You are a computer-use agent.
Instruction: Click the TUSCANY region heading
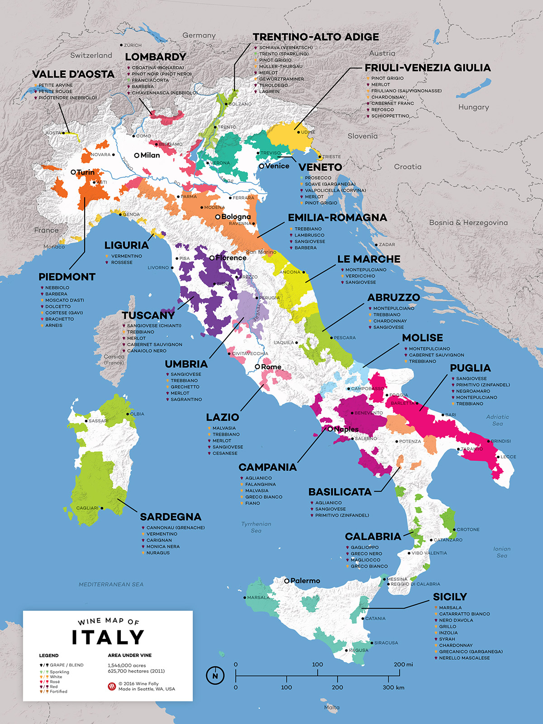click(148, 315)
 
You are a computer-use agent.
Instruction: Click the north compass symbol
click(215, 676)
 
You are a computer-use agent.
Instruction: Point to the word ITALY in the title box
click(108, 638)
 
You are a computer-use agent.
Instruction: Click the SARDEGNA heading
click(171, 517)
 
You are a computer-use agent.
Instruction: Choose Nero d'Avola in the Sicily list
click(456, 620)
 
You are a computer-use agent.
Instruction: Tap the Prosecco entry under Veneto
click(318, 178)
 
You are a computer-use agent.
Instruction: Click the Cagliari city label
click(87, 508)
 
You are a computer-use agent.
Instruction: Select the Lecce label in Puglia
click(508, 457)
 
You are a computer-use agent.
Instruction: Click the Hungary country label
click(473, 107)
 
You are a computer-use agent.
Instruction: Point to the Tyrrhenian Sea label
click(256, 527)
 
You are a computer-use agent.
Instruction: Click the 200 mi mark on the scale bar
click(403, 664)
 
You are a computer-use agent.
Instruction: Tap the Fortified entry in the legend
click(58, 691)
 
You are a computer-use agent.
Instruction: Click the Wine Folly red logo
click(112, 686)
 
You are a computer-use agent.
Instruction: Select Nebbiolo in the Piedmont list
click(57, 288)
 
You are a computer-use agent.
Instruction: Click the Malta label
click(332, 707)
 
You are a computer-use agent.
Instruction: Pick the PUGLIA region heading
click(470, 368)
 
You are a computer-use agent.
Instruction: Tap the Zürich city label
click(133, 45)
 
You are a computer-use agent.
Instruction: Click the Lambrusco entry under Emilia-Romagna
click(309, 235)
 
